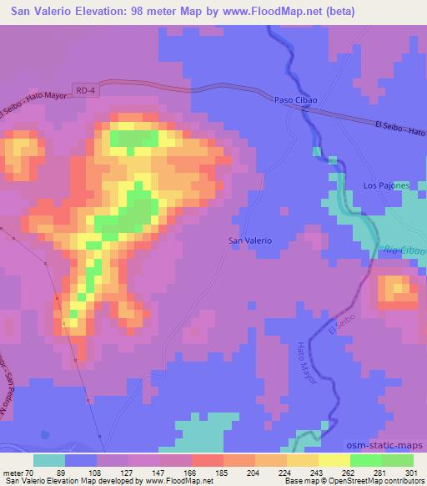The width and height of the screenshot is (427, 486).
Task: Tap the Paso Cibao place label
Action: point(296,99)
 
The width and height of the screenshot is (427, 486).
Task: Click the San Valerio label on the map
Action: point(250,240)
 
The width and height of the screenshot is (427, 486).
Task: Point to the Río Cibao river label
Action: point(404,250)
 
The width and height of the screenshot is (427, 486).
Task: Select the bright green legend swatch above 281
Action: point(365,459)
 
